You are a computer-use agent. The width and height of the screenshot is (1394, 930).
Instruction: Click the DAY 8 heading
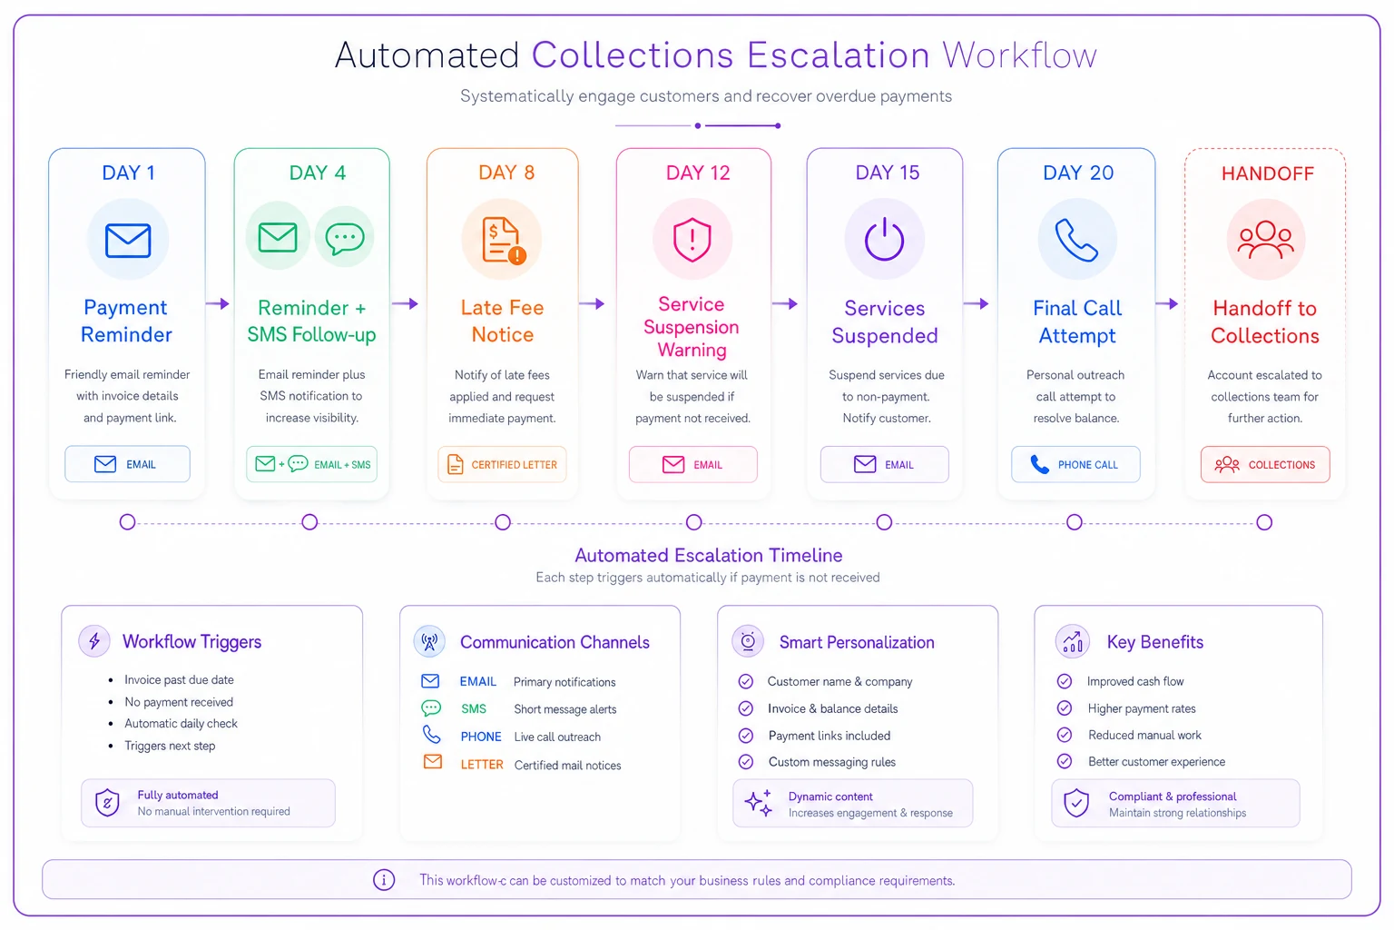[506, 173]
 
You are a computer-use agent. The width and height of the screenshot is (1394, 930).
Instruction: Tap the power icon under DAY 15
[884, 239]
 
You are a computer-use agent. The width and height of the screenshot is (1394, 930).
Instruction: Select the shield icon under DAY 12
[692, 239]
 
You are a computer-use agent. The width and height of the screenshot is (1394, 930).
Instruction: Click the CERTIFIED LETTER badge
[502, 464]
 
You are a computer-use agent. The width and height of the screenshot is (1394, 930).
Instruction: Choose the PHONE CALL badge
[1075, 464]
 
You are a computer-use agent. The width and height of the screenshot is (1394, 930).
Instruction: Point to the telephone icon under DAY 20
[1076, 240]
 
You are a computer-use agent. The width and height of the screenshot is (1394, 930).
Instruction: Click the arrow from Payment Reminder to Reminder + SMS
[217, 304]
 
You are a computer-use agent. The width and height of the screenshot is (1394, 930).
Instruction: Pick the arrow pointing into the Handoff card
[1167, 304]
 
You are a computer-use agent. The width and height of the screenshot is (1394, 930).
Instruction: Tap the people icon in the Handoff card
[1265, 240]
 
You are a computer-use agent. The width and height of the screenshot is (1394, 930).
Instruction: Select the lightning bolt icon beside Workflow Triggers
[94, 640]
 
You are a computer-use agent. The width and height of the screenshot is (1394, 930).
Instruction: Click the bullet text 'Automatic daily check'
[181, 723]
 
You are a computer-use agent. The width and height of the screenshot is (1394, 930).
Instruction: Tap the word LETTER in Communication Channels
[482, 765]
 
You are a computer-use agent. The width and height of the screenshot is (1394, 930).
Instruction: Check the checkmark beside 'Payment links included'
[745, 736]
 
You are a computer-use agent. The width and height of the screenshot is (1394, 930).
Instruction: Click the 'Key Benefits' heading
[1155, 641]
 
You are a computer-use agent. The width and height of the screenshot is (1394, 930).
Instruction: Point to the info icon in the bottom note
[384, 879]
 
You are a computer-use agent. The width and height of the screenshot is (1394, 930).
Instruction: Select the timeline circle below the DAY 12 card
[693, 522]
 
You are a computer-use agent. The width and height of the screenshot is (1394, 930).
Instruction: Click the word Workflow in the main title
[1019, 54]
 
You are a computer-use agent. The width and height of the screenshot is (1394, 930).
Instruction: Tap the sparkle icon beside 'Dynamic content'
[760, 802]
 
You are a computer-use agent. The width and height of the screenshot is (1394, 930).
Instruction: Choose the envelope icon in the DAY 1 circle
[128, 241]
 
